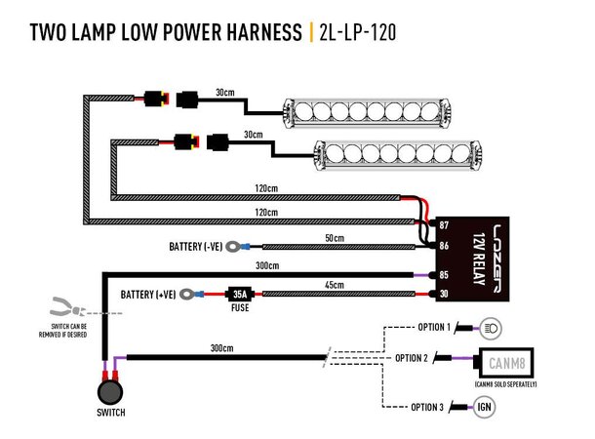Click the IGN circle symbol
click(485, 406)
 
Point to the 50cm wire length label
click(335, 237)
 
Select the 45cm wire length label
click(335, 284)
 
